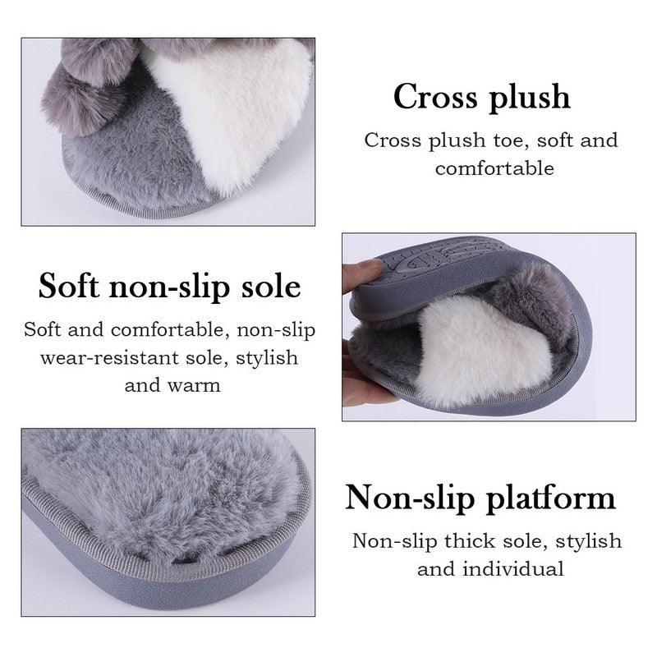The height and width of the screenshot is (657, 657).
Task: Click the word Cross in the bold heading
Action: point(434,97)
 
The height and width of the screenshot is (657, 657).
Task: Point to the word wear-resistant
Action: point(109,358)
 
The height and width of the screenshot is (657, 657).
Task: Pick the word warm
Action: point(197,384)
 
